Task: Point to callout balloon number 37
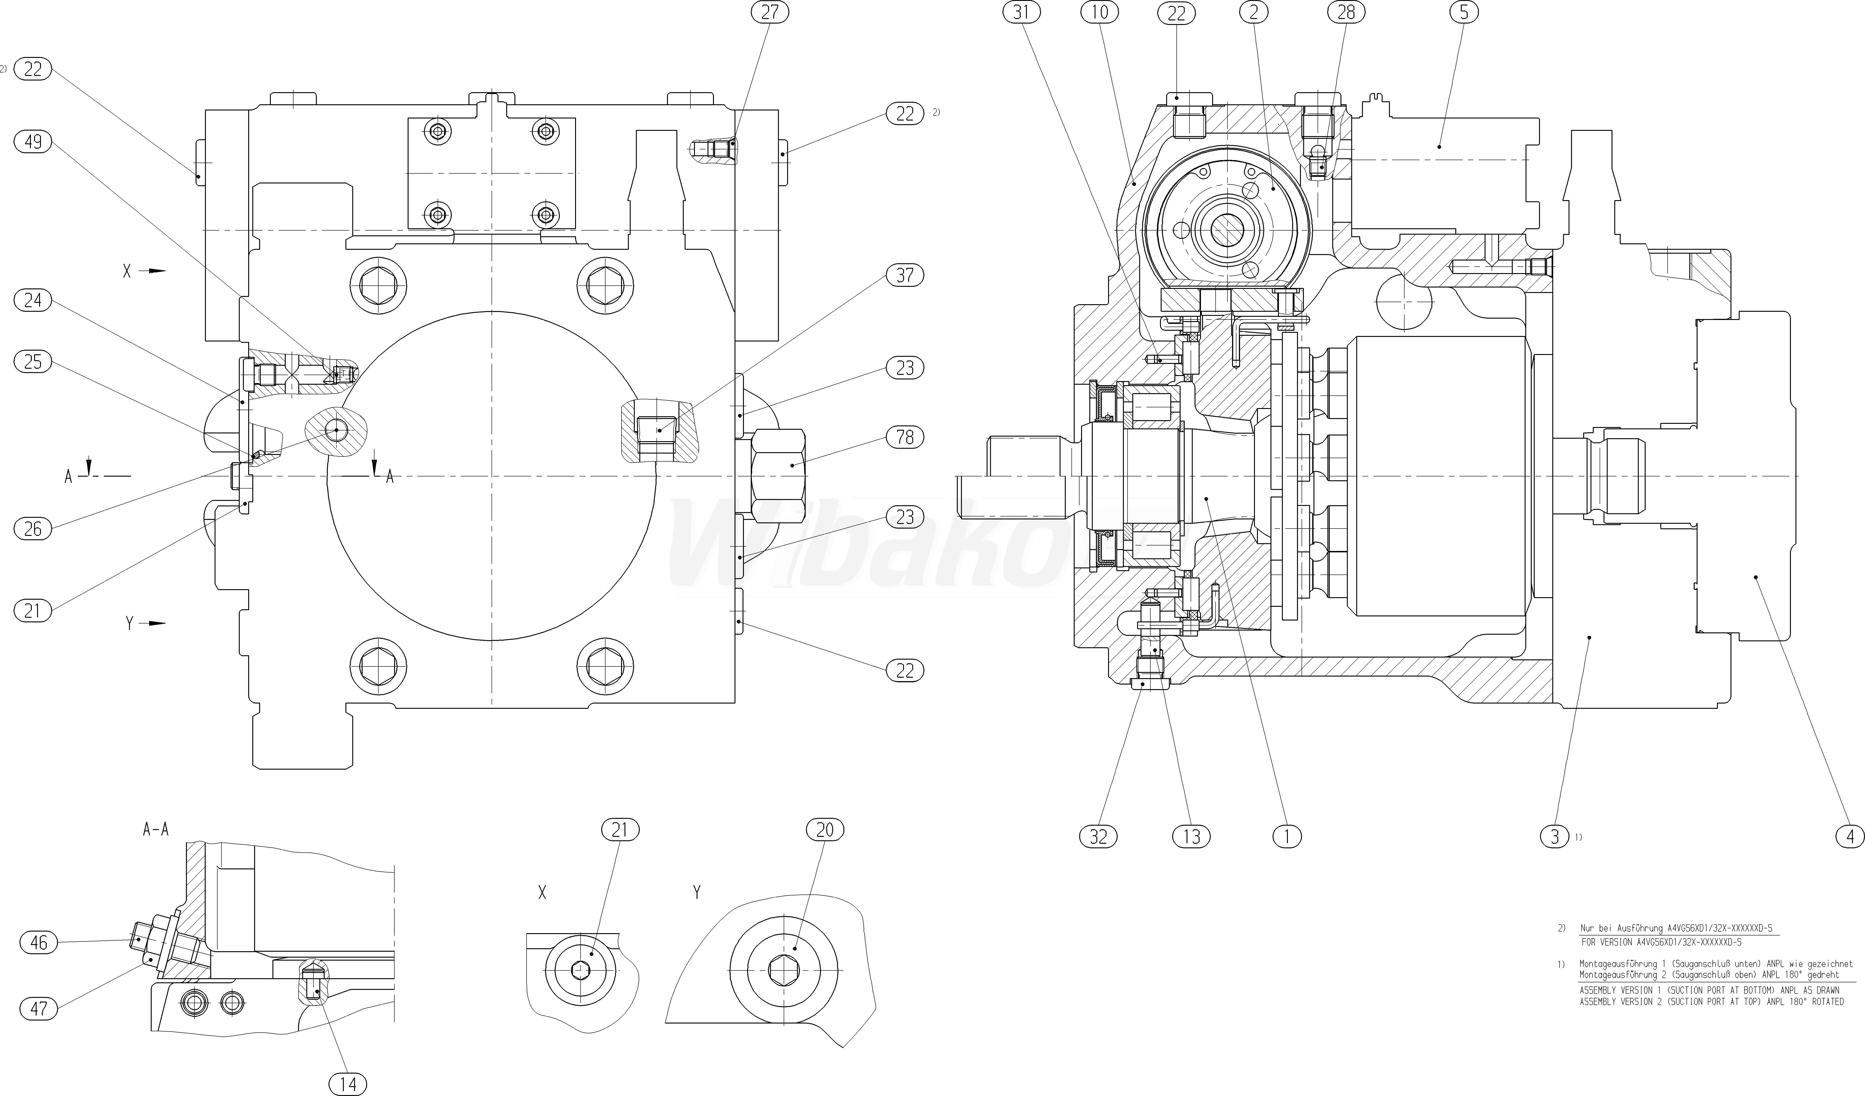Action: [x=905, y=275]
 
